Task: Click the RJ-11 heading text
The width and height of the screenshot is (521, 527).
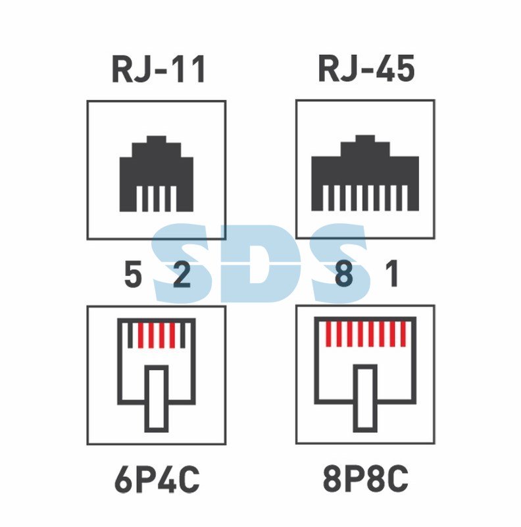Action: point(159,69)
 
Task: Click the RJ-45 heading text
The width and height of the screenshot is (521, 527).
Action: point(366,69)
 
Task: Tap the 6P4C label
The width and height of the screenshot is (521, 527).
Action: point(157,479)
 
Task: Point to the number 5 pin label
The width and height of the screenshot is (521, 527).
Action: point(133,275)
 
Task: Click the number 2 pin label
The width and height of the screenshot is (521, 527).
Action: point(182,275)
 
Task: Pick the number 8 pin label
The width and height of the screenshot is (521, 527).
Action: point(344,273)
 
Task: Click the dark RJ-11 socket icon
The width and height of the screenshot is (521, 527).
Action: point(157,174)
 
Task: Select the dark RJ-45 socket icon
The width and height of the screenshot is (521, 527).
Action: point(365,173)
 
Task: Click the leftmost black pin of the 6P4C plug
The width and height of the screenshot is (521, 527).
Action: point(131,335)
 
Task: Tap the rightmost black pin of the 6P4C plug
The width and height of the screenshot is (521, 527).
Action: point(183,335)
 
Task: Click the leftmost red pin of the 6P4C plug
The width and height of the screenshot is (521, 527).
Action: point(141,335)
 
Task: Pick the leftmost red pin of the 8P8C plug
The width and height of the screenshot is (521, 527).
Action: point(328,334)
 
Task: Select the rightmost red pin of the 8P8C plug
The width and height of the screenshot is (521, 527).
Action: point(403,334)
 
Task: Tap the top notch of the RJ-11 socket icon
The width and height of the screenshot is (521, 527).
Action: point(157,140)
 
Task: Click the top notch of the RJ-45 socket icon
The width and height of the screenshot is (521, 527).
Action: point(365,139)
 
